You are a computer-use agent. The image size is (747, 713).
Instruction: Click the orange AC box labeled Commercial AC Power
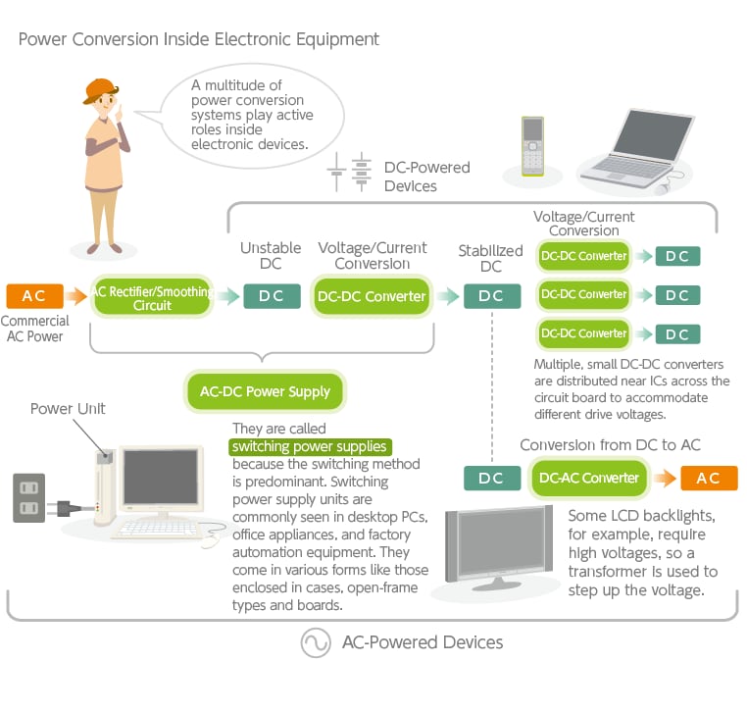[x=34, y=296]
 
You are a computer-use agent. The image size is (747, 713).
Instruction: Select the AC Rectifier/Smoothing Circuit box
[x=152, y=297]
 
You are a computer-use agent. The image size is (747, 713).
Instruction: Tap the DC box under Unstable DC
[x=272, y=296]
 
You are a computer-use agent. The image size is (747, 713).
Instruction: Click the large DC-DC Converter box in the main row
[x=372, y=296]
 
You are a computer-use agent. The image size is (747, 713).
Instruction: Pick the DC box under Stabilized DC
[x=492, y=296]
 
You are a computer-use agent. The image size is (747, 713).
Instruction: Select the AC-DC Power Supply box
[x=265, y=391]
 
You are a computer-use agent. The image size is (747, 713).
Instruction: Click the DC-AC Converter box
[x=589, y=478]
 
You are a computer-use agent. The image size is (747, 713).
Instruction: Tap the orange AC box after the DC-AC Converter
[x=709, y=478]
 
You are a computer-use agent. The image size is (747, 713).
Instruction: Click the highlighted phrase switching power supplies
[x=310, y=446]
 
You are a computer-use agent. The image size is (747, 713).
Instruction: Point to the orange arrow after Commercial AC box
[x=76, y=296]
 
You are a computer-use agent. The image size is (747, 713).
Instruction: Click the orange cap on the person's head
[x=100, y=89]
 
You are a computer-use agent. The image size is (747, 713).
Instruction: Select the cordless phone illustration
[x=532, y=146]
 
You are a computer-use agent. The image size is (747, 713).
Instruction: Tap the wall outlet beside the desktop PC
[x=29, y=497]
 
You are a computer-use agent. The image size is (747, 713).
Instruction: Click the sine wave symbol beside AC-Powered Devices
[x=316, y=642]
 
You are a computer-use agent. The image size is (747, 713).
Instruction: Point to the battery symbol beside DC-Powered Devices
[x=349, y=172]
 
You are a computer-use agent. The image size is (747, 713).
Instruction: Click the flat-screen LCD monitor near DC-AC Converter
[x=499, y=547]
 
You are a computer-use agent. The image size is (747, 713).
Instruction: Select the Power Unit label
[x=68, y=408]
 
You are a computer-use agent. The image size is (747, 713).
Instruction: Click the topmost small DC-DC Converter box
[x=583, y=256]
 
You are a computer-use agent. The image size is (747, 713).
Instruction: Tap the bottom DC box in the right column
[x=677, y=334]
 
